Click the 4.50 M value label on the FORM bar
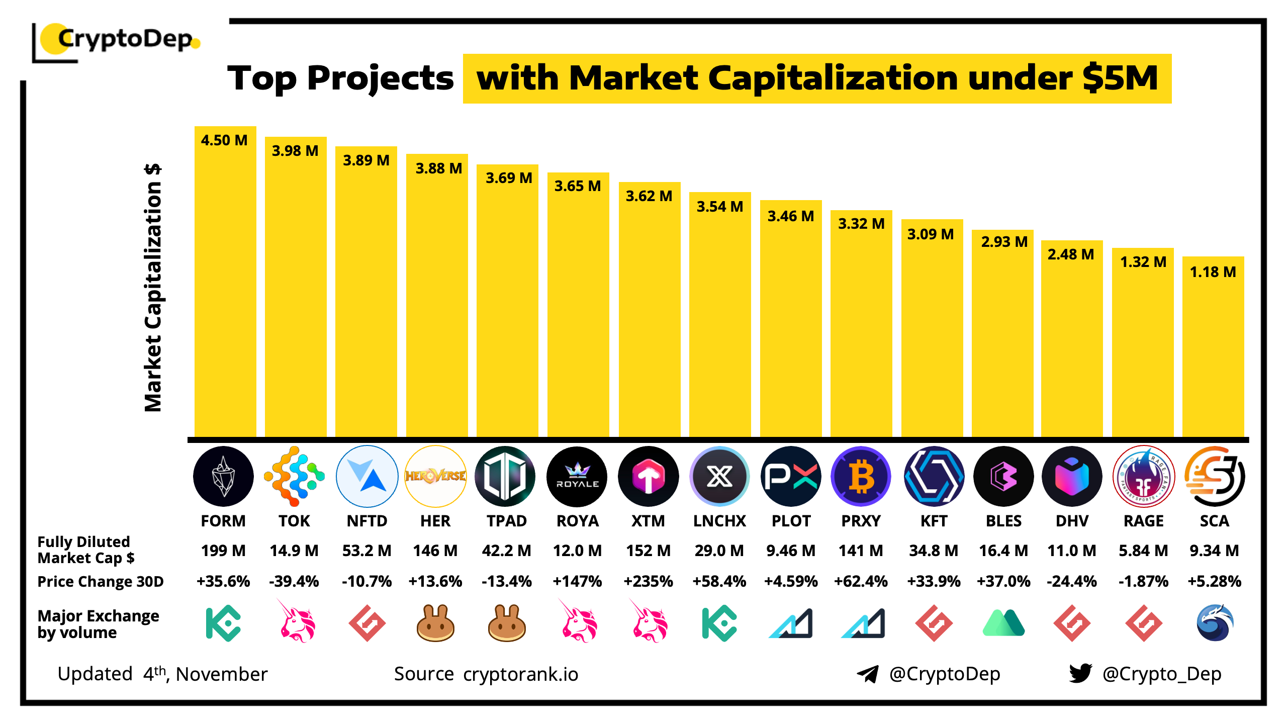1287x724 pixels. coord(224,140)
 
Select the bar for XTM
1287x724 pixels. coord(649,312)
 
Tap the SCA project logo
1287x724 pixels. coord(1214,476)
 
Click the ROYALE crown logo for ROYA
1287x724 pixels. coord(577,476)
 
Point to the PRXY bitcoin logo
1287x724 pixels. coord(861,476)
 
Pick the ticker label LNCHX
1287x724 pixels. coord(719,521)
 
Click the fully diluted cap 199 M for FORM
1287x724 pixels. coord(223,551)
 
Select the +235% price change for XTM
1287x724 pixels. coord(648,581)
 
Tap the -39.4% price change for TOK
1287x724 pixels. coord(294,581)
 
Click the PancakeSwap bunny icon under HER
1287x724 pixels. coord(435,623)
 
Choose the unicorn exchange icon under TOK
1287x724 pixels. coord(297,621)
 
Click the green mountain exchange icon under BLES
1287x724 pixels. coord(1003,623)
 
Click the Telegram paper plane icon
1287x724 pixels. coord(867,674)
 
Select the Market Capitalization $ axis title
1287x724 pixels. coord(153,288)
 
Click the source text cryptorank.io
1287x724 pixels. coord(520,674)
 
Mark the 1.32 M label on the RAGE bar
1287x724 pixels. coord(1143,262)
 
